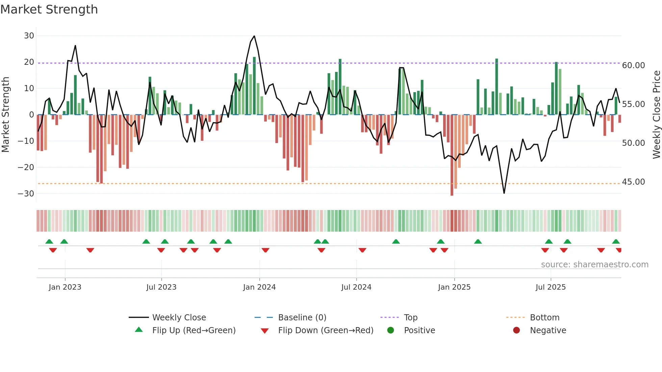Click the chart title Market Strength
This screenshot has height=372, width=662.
pyautogui.click(x=49, y=9)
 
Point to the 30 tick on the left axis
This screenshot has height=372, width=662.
pyautogui.click(x=29, y=36)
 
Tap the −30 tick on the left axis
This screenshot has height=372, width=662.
pyautogui.click(x=26, y=194)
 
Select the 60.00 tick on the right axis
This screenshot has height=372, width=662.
pyautogui.click(x=633, y=65)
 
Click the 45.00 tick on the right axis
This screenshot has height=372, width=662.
pyautogui.click(x=633, y=182)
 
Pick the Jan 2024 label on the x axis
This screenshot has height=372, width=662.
pyautogui.click(x=259, y=287)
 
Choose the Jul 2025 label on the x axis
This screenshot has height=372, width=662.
pyautogui.click(x=550, y=287)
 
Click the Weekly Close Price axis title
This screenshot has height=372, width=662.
pyautogui.click(x=656, y=115)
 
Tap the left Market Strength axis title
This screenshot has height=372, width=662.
pyautogui.click(x=5, y=115)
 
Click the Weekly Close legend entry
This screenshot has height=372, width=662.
pyautogui.click(x=179, y=318)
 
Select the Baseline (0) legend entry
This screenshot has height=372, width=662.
pyautogui.click(x=302, y=318)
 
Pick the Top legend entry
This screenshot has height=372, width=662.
pyautogui.click(x=410, y=318)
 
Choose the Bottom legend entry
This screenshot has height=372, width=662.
pyautogui.click(x=544, y=318)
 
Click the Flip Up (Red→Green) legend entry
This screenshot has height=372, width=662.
pyautogui.click(x=194, y=330)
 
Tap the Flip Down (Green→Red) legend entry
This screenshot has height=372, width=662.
pyautogui.click(x=326, y=330)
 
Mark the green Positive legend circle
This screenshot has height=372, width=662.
pyautogui.click(x=390, y=330)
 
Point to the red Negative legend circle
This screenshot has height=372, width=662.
pyautogui.click(x=516, y=330)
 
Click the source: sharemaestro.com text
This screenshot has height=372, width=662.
pyautogui.click(x=594, y=265)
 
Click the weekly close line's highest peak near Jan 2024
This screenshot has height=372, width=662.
pyautogui.click(x=254, y=36)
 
